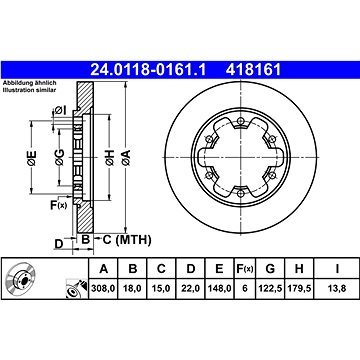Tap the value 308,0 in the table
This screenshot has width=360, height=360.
coord(104,288)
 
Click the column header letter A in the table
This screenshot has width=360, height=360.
coord(104,269)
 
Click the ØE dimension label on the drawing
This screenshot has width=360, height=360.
coord(31,157)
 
